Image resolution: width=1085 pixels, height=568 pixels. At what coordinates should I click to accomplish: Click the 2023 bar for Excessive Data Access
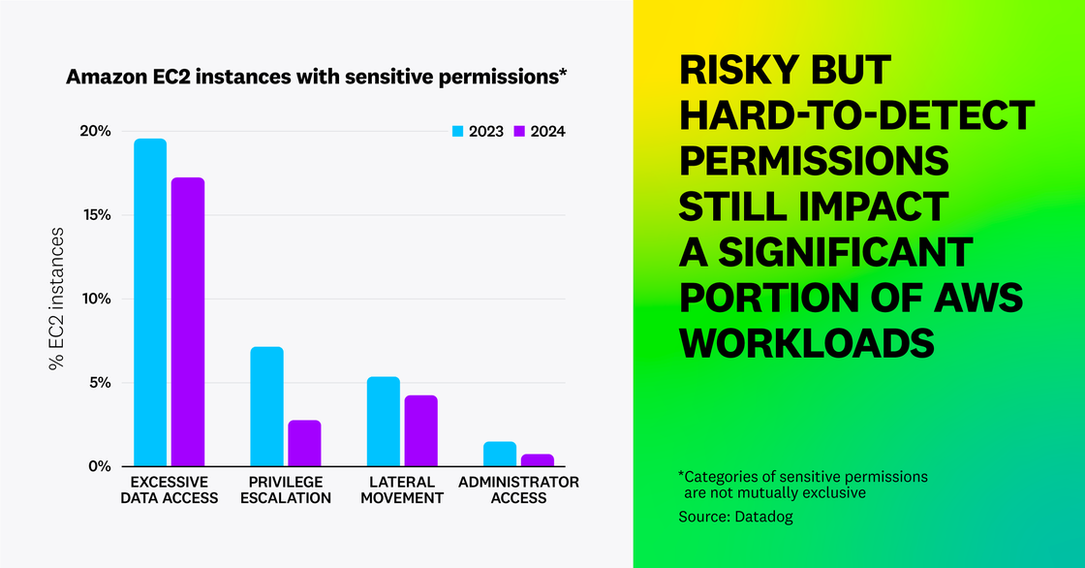pos(150,302)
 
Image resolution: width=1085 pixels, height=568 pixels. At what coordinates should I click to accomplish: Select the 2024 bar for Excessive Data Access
pos(188,322)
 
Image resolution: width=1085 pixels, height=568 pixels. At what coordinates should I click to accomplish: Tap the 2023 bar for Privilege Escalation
pos(266,406)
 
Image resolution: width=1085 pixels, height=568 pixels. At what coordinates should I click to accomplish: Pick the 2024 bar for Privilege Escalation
pos(304,443)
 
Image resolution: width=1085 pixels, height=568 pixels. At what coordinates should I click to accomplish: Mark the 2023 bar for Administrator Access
pos(499,454)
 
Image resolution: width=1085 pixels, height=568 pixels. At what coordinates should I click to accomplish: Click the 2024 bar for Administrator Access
pos(537,460)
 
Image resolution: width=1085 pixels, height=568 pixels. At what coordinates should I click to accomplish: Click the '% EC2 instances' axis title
pos(57,300)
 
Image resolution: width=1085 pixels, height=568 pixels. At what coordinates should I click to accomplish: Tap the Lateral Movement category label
pos(402,489)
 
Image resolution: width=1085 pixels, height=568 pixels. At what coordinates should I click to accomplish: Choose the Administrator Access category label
pos(518,489)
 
